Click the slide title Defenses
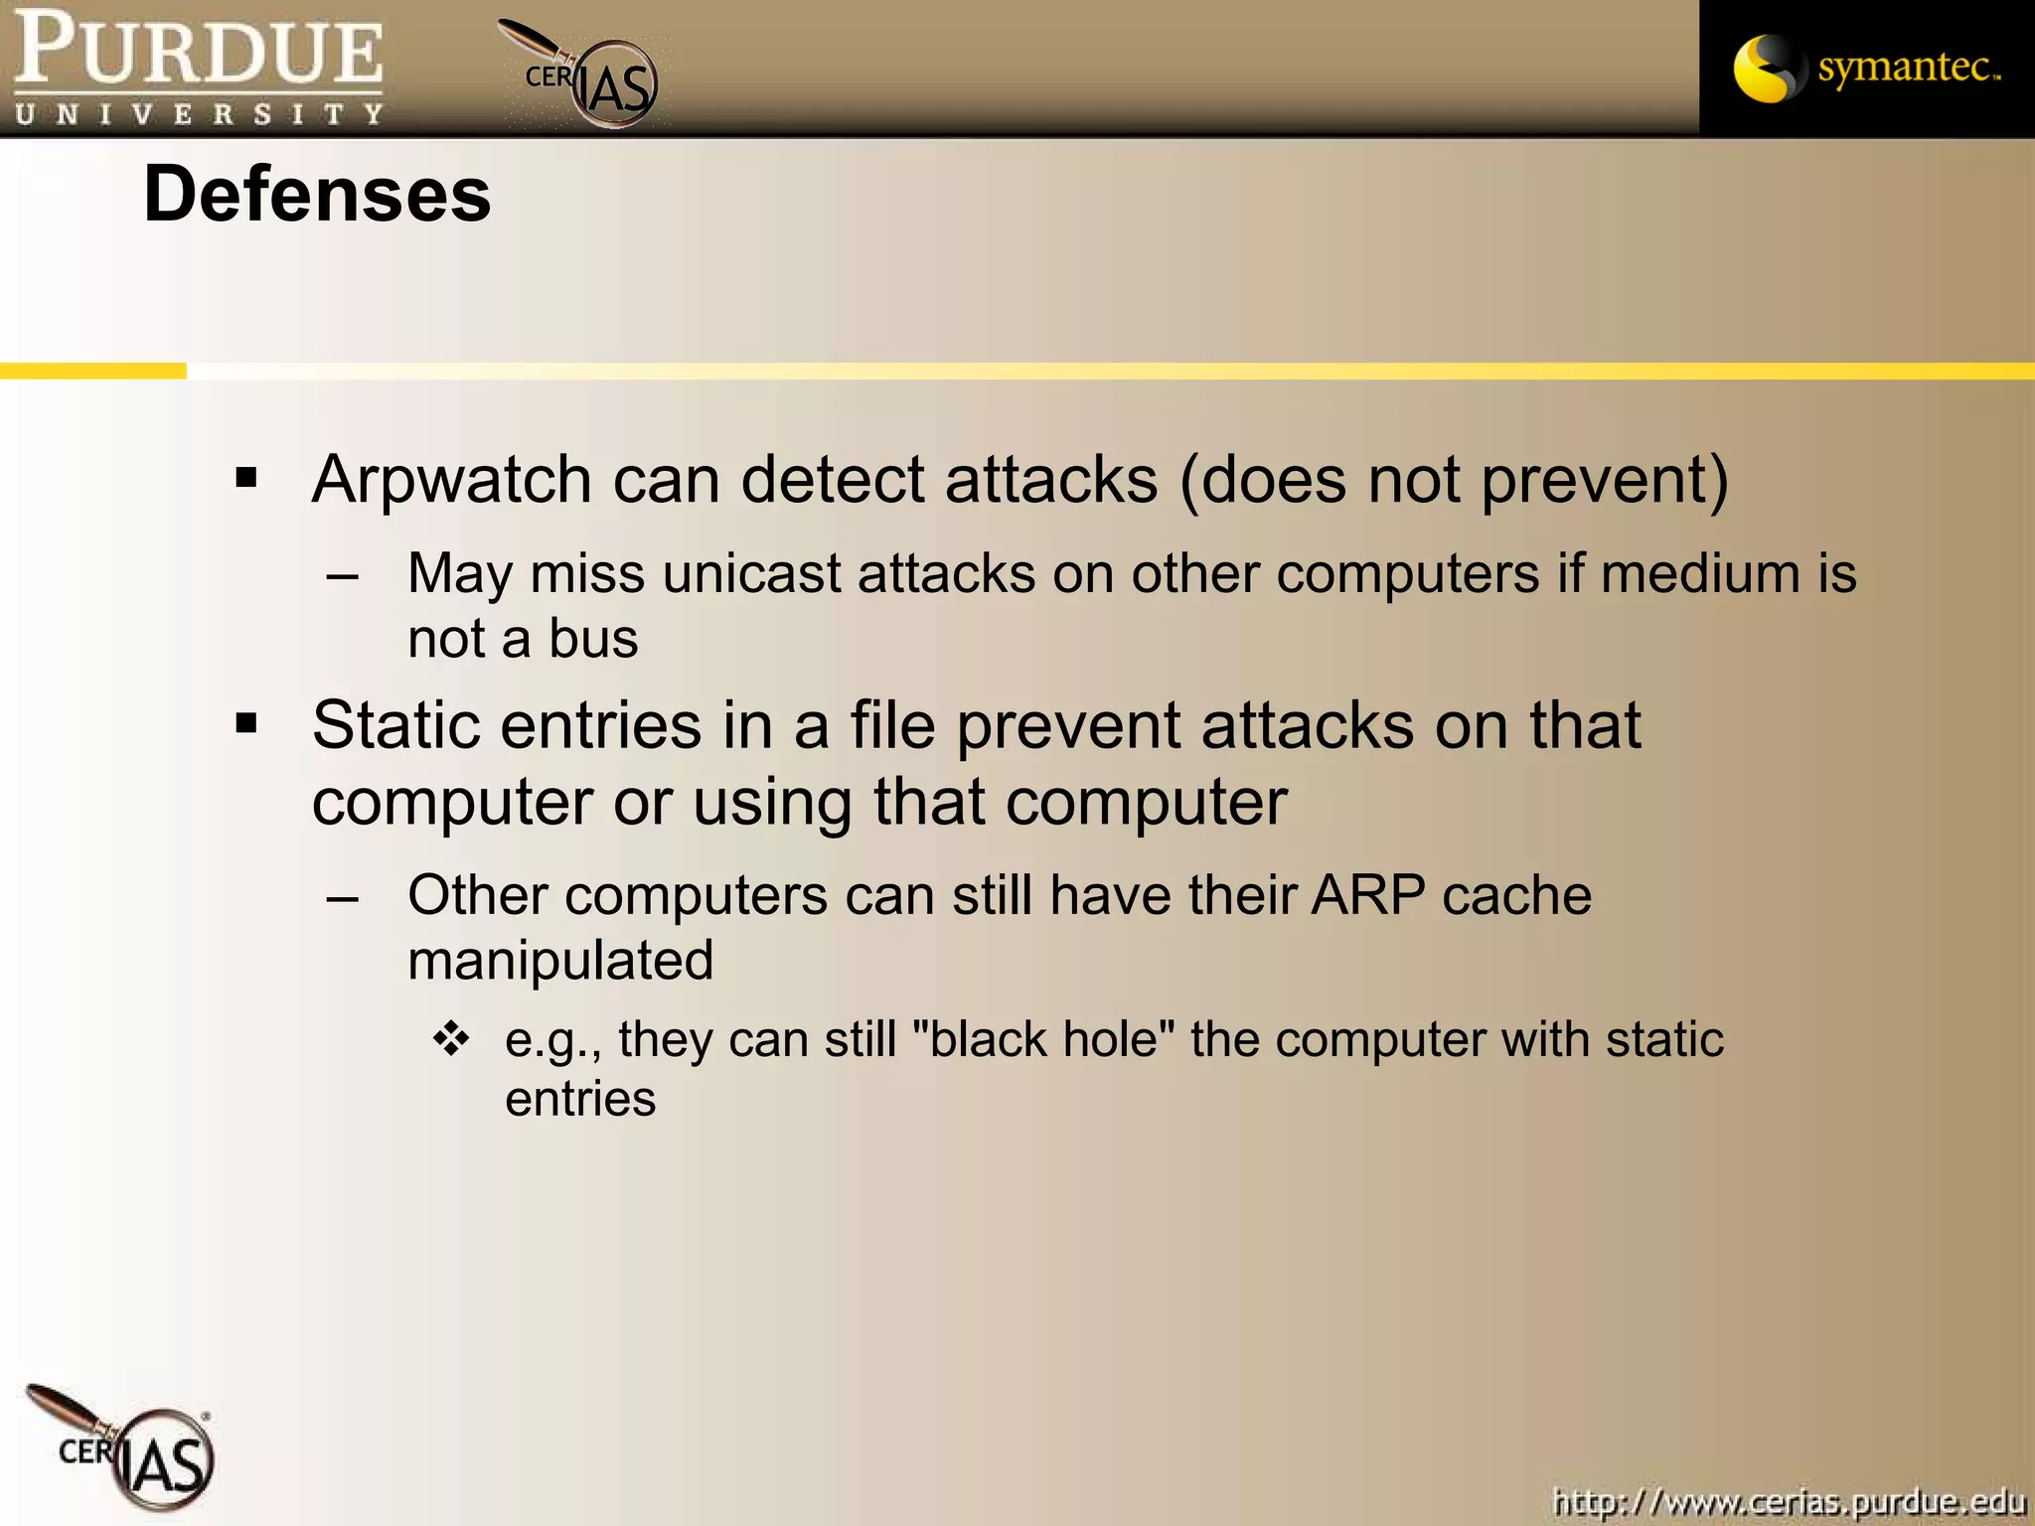317,195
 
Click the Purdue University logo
199,68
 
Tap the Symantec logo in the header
1866,69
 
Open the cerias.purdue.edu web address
1789,1501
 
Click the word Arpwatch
452,480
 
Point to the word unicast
751,574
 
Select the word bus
593,638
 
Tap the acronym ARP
1367,895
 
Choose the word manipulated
560,961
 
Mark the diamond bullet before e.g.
451,1038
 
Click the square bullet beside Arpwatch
246,479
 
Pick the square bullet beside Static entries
246,724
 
